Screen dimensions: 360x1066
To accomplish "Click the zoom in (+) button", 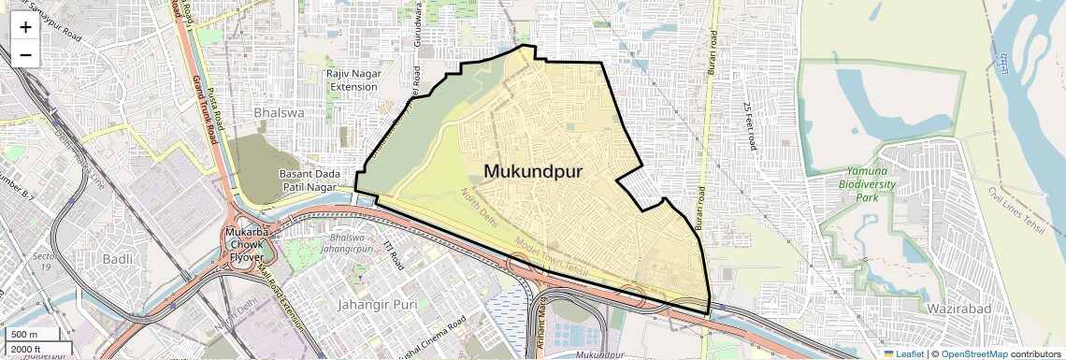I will click(x=25, y=27).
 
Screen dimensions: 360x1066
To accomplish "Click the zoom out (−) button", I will click(x=25, y=54).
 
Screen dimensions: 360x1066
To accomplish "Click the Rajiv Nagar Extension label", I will click(x=353, y=79).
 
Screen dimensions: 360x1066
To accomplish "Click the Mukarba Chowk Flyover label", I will click(x=248, y=244).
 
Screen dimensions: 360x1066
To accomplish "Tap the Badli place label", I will click(x=118, y=259).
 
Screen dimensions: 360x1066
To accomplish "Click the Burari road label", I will click(x=713, y=53).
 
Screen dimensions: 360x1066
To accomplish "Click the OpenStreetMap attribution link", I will click(x=973, y=353).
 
